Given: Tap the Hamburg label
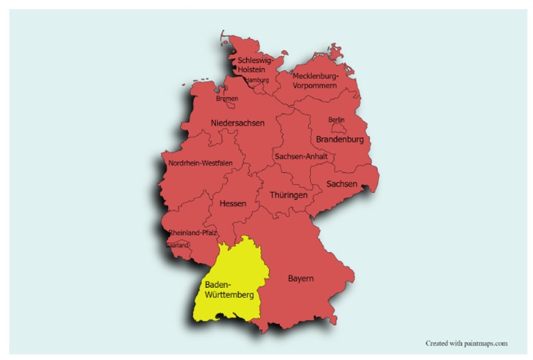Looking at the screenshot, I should pyautogui.click(x=256, y=80).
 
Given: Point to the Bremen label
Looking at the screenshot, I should pyautogui.click(x=227, y=98).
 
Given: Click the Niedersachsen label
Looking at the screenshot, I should pyautogui.click(x=237, y=123).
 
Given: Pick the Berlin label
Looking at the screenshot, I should pyautogui.click(x=336, y=120).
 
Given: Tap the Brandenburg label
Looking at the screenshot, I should pyautogui.click(x=340, y=139).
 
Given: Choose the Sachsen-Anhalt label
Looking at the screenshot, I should pyautogui.click(x=301, y=157).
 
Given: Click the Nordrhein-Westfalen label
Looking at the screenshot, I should pyautogui.click(x=200, y=164).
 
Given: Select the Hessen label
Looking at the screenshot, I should pyautogui.click(x=232, y=204).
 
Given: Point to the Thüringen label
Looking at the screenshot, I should pyautogui.click(x=288, y=196).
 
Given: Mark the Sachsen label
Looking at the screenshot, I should pyautogui.click(x=342, y=184).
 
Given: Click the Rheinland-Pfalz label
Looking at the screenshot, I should pyautogui.click(x=193, y=233).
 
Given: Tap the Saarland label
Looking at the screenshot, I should pyautogui.click(x=178, y=245).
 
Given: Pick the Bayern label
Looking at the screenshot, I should pyautogui.click(x=301, y=279).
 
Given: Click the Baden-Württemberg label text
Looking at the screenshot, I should pyautogui.click(x=228, y=290).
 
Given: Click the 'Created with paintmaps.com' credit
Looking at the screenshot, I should pyautogui.click(x=466, y=343).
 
